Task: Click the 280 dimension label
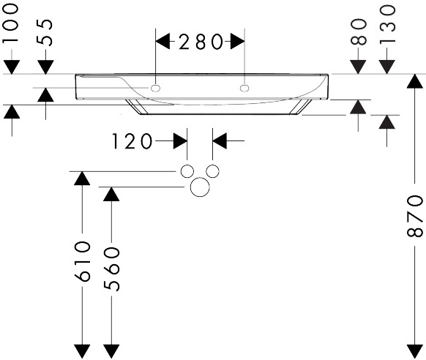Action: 201,42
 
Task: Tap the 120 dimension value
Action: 132,141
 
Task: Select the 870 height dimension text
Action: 414,216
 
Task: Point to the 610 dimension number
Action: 82,261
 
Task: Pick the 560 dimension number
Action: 111,269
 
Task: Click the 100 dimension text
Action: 11,23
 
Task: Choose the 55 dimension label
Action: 45,33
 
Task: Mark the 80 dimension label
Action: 358,32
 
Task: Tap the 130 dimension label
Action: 387,24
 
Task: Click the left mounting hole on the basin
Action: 155,89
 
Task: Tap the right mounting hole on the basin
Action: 244,89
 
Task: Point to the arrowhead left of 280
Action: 162,42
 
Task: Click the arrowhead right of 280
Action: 237,42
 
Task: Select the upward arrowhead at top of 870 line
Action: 414,81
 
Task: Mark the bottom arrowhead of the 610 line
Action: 82,352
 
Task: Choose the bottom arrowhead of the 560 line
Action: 111,352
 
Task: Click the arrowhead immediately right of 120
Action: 180,141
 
